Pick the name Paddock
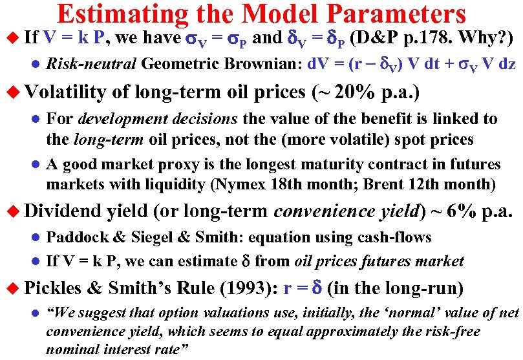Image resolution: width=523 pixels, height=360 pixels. (x=72, y=237)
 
